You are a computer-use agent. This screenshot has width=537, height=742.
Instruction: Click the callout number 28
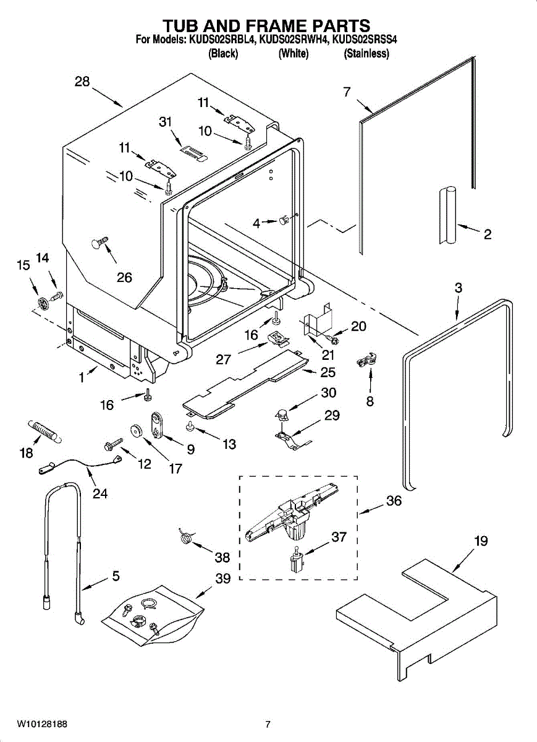pyautogui.click(x=82, y=81)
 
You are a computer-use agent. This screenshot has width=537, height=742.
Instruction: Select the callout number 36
pyautogui.click(x=394, y=500)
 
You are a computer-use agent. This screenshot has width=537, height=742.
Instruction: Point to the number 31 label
pyautogui.click(x=166, y=122)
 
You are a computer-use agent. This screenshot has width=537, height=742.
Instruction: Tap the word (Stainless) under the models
pyautogui.click(x=366, y=53)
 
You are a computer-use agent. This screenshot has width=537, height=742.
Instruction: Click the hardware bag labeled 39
pyautogui.click(x=152, y=616)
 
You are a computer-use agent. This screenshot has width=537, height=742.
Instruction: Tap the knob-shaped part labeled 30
pyautogui.click(x=282, y=414)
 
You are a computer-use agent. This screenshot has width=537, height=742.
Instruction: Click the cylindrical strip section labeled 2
pyautogui.click(x=448, y=216)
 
